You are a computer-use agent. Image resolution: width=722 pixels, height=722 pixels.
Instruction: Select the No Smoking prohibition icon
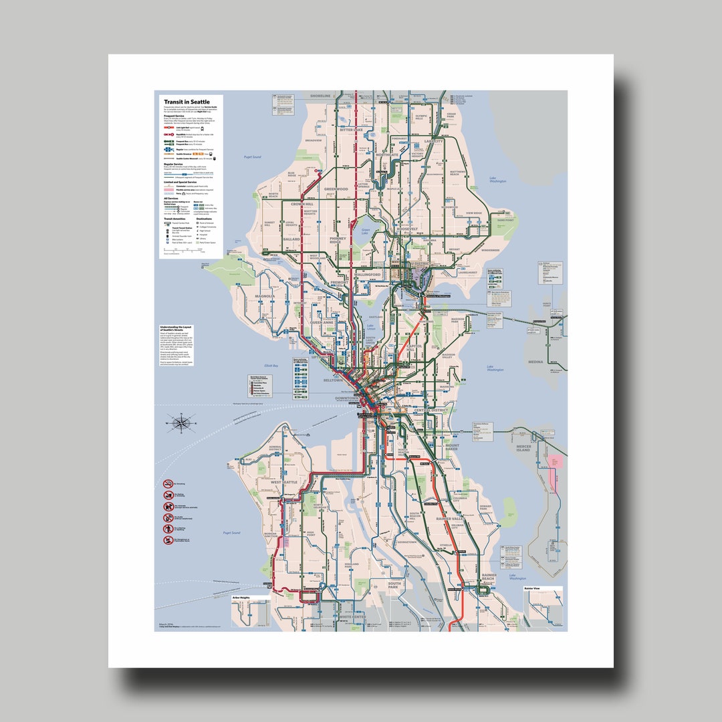point(168,483)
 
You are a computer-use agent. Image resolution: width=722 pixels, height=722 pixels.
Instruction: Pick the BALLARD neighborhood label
point(291,239)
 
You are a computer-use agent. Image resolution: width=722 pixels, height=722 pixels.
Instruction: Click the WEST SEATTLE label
point(284,481)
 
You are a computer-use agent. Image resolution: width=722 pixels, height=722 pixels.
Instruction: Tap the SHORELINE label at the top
point(321,96)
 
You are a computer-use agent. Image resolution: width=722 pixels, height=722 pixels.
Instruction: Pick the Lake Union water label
point(371,328)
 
